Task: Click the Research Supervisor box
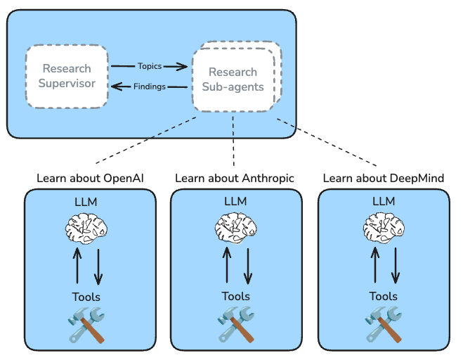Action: tap(67, 77)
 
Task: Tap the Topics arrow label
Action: tap(149, 66)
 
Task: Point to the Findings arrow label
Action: tap(149, 87)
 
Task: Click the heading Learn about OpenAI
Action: tap(90, 178)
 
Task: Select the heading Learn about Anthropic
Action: tap(234, 178)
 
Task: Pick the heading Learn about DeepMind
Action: tap(383, 178)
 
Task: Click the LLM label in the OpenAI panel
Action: tap(87, 202)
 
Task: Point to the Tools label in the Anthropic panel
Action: tap(235, 296)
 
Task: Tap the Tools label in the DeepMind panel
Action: tap(383, 296)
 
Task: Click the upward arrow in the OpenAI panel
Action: tap(78, 266)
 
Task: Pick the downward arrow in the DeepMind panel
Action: tap(395, 266)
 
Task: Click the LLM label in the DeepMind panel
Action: tap(384, 202)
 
